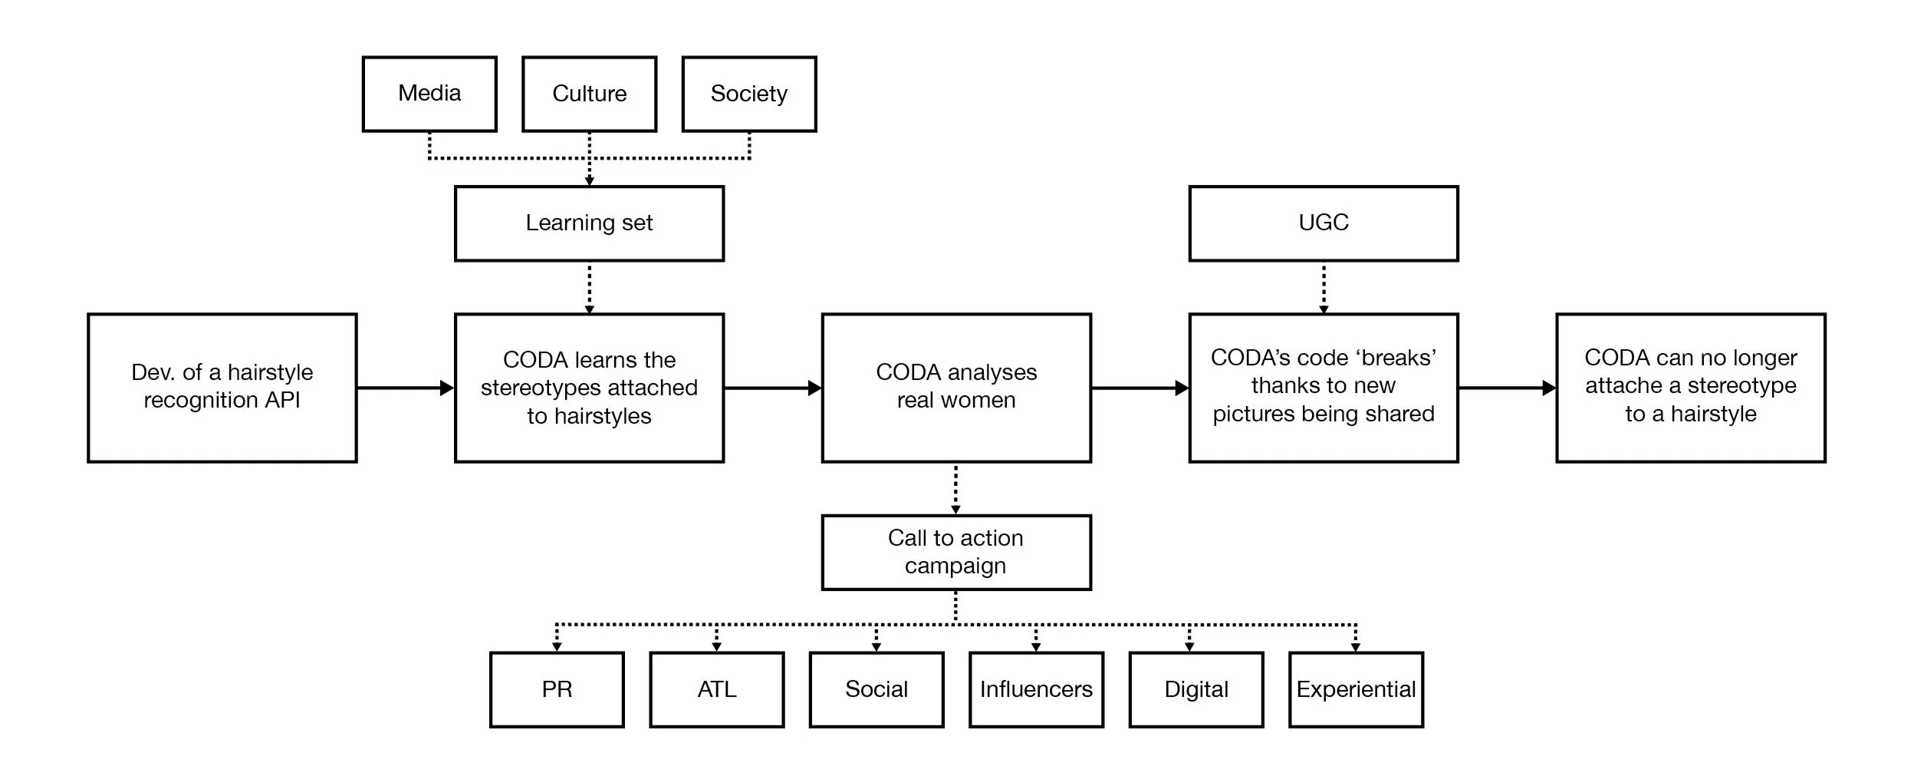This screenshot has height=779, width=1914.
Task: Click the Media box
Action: pos(429,94)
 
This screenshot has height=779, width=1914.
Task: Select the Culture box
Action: pos(589,94)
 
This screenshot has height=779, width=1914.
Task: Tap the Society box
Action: pos(748,94)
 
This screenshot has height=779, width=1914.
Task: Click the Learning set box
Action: pos(589,223)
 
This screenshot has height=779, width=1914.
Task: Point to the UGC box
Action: pos(1323,223)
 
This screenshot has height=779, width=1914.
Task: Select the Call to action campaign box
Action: pos(955,552)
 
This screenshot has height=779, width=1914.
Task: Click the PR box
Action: pos(557,689)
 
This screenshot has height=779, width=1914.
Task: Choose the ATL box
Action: pos(716,689)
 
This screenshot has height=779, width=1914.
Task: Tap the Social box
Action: pos(876,689)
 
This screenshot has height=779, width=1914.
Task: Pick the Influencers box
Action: pos(1036,689)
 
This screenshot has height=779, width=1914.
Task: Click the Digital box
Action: pos(1195,689)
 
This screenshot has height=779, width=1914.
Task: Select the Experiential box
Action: pos(1356,689)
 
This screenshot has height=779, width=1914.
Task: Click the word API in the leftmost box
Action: pos(283,401)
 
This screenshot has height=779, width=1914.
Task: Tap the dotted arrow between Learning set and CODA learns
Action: pos(589,288)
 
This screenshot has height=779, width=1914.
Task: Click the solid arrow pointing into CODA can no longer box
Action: pos(1507,388)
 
